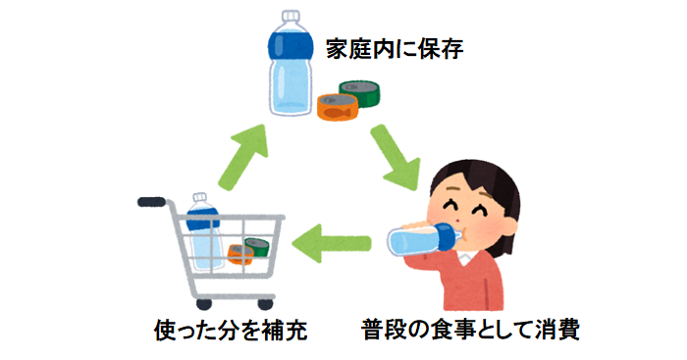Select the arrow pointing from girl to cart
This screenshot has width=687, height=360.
click(x=334, y=241)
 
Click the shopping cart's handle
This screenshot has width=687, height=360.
click(x=152, y=202)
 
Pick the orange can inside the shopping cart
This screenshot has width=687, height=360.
click(x=240, y=256)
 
